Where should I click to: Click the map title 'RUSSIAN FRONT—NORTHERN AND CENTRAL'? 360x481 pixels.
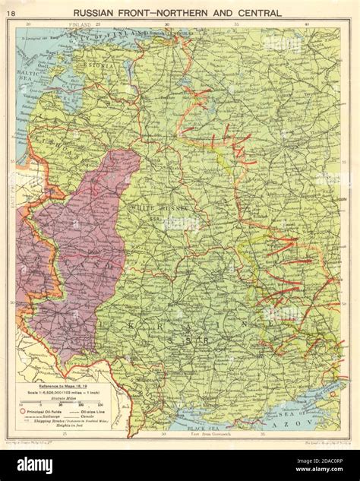pyautogui.click(x=180, y=12)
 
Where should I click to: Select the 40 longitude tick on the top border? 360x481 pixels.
pyautogui.click(x=305, y=25)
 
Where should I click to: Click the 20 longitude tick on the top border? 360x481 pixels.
pyautogui.click(x=28, y=25)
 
